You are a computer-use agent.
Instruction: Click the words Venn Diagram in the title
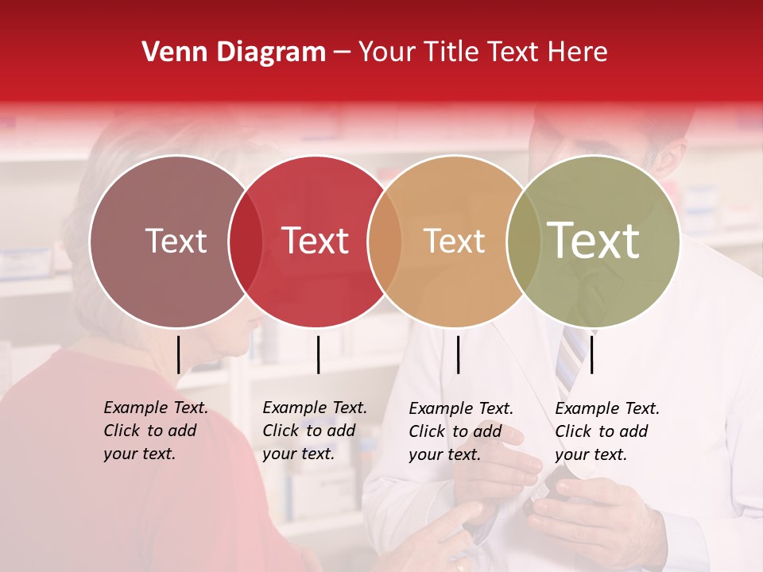click(234, 52)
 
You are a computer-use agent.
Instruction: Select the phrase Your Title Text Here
click(482, 52)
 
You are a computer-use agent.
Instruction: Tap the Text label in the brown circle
click(176, 241)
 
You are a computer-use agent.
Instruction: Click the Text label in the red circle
click(316, 241)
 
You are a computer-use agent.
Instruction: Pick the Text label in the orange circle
click(455, 241)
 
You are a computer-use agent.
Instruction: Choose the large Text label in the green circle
click(594, 241)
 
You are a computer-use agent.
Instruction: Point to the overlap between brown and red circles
click(246, 242)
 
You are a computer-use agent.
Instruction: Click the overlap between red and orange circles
click(385, 242)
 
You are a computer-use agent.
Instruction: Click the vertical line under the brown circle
click(178, 354)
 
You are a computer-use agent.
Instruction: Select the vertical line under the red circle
click(318, 354)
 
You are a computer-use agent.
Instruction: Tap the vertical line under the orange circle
click(458, 354)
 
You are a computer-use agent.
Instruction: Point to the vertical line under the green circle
click(591, 354)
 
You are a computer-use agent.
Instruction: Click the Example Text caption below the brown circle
click(156, 431)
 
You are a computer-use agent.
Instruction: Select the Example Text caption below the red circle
click(315, 431)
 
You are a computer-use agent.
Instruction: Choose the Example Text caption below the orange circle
click(461, 431)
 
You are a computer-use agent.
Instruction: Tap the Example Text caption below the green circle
click(607, 431)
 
